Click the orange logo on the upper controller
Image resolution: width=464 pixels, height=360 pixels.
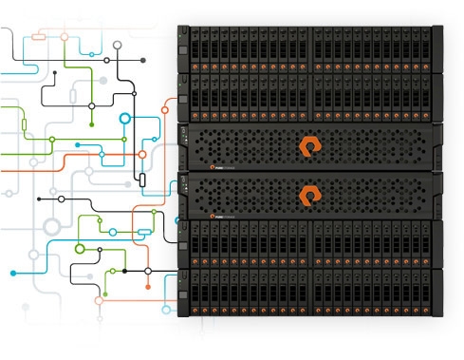[x=310, y=145]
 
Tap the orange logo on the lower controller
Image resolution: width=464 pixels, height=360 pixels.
[x=310, y=196]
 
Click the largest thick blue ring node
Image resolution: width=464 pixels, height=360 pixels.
[x=124, y=120]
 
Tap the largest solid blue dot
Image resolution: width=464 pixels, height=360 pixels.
[x=13, y=273]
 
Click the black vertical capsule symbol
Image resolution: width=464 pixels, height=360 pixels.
[x=140, y=179]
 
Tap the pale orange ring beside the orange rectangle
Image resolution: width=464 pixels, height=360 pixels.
[x=65, y=38]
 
